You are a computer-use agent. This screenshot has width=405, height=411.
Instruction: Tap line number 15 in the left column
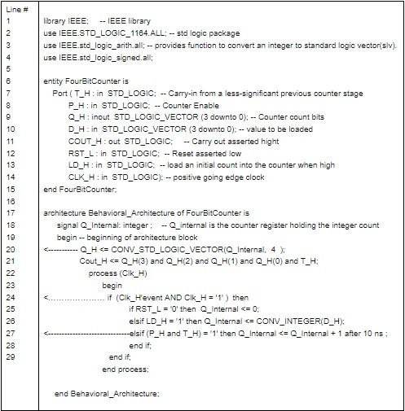[x=8, y=189]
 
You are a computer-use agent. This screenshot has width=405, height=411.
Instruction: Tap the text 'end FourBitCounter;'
[x=78, y=189]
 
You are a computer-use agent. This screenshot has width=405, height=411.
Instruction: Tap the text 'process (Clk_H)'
[x=115, y=273]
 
